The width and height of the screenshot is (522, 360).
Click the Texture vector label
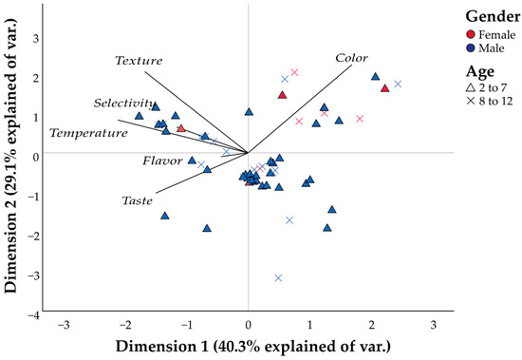point(140,61)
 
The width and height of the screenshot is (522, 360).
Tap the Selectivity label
point(124,103)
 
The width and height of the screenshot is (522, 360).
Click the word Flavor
point(162,161)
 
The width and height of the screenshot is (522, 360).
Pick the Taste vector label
point(139,201)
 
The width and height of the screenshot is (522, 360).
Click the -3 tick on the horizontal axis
point(63,326)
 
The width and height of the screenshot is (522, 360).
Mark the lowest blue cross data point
point(278,278)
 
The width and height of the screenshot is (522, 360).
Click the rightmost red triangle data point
point(384,88)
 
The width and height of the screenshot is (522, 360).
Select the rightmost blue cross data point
point(399,85)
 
